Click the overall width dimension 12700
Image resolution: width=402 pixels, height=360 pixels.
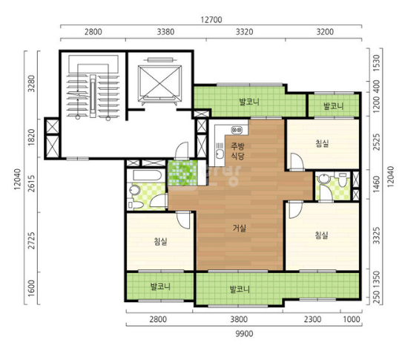pyautogui.click(x=211, y=20)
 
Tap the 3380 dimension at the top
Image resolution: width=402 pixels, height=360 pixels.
pyautogui.click(x=165, y=32)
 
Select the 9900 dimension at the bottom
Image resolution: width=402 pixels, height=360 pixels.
pyautogui.click(x=244, y=333)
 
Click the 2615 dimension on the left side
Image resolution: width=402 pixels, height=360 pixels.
pyautogui.click(x=31, y=183)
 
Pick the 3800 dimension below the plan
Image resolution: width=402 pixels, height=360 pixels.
pyautogui.click(x=239, y=319)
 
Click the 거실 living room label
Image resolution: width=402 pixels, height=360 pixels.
pyautogui.click(x=240, y=228)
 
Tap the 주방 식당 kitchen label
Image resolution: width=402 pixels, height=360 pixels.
pyautogui.click(x=237, y=151)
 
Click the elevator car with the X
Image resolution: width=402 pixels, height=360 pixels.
pyautogui.click(x=159, y=82)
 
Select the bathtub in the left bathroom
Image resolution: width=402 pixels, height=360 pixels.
pyautogui.click(x=147, y=176)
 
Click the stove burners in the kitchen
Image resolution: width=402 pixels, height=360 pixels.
pyautogui.click(x=237, y=130)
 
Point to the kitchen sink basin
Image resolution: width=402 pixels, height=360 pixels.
pyautogui.click(x=220, y=154)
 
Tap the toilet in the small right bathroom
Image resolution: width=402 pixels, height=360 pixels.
pyautogui.click(x=342, y=179)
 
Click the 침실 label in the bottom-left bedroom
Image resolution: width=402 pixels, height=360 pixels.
pyautogui.click(x=160, y=241)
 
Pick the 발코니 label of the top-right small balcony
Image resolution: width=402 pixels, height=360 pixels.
pyautogui.click(x=333, y=106)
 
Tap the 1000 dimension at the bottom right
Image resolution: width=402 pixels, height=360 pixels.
pyautogui.click(x=352, y=319)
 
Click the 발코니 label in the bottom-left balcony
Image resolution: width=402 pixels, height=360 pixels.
pyautogui.click(x=160, y=286)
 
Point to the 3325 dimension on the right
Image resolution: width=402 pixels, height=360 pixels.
pyautogui.click(x=377, y=235)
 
